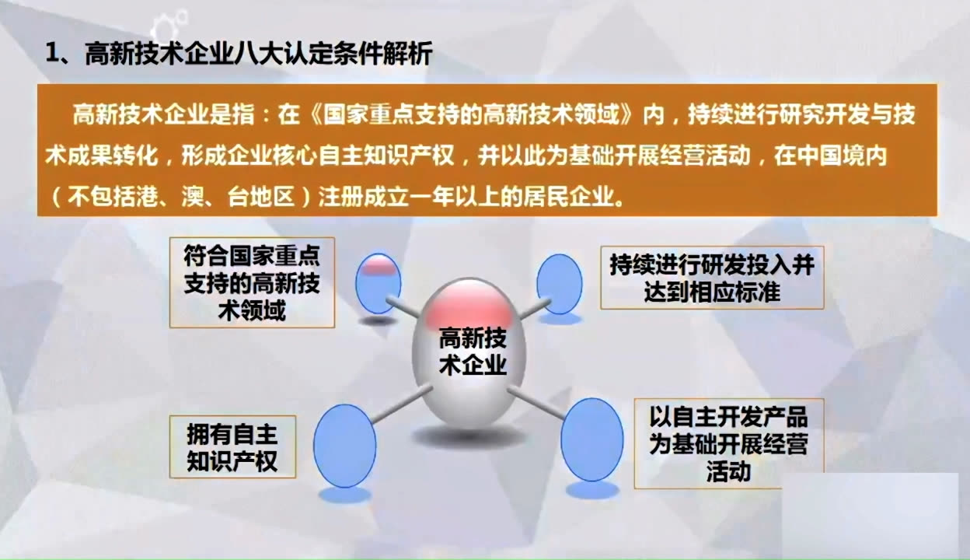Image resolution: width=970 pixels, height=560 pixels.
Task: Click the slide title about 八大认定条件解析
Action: pyautogui.click(x=256, y=54)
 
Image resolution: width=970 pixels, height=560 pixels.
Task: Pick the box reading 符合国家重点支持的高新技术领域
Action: pyautogui.click(x=252, y=282)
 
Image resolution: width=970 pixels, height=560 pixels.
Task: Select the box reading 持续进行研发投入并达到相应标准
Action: pyautogui.click(x=711, y=278)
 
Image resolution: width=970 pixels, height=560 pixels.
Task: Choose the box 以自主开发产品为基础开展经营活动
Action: pyautogui.click(x=728, y=443)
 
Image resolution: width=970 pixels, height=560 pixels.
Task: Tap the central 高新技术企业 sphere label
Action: pyautogui.click(x=473, y=352)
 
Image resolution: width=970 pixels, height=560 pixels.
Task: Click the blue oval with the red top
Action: pyautogui.click(x=378, y=283)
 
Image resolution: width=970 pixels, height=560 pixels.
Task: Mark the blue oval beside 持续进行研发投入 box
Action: pyautogui.click(x=559, y=284)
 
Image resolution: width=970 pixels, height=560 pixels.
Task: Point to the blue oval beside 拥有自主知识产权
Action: pyautogui.click(x=344, y=446)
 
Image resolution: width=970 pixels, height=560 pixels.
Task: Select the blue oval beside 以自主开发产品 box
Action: pyautogui.click(x=592, y=439)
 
